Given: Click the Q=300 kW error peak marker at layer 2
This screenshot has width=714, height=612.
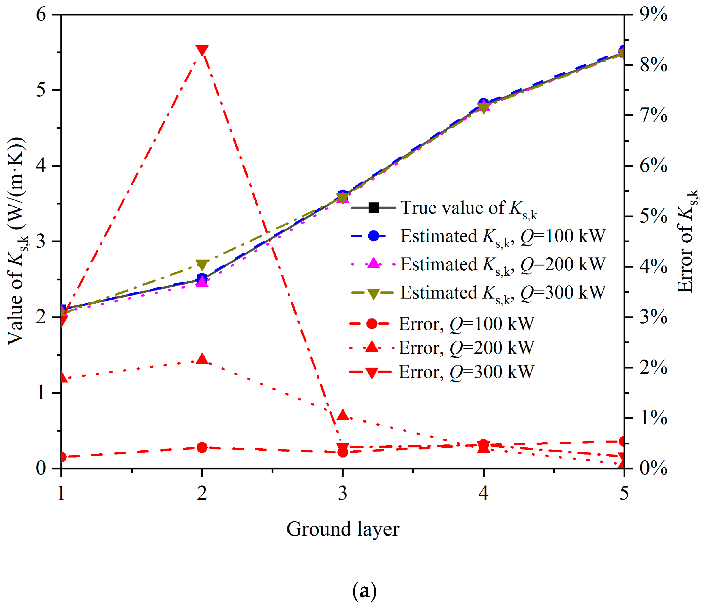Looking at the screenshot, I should (202, 50).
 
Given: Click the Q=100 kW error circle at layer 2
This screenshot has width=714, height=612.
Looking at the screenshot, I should (202, 447).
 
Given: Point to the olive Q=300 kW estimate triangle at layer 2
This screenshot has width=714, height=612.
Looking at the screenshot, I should (202, 264).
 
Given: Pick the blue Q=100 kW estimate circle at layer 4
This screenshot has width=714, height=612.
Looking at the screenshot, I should (483, 103).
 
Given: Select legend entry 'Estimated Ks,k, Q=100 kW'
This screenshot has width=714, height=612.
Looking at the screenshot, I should (479, 237).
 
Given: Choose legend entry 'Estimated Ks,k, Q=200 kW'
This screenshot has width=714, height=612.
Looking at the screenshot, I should (479, 265).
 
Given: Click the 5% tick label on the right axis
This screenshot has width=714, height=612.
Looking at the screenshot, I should (653, 216).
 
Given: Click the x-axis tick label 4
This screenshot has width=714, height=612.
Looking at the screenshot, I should (483, 493).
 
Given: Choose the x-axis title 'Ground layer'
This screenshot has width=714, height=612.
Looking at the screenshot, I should (343, 529).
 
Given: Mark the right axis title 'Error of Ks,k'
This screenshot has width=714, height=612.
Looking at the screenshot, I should (687, 241).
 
